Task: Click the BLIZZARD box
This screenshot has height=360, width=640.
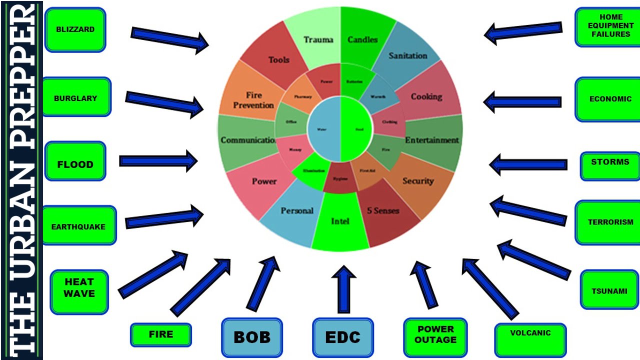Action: click(75, 29)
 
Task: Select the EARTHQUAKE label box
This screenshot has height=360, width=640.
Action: click(78, 226)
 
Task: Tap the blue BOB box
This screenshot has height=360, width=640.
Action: click(251, 337)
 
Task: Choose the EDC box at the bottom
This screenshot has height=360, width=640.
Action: click(342, 337)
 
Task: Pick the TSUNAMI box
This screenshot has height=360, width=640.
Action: click(609, 290)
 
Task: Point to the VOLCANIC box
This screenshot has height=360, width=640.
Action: click(530, 339)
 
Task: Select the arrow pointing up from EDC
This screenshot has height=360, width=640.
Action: click(343, 289)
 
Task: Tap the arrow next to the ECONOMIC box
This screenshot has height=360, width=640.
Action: click(522, 101)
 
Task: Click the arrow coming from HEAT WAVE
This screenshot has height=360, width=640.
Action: click(152, 274)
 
